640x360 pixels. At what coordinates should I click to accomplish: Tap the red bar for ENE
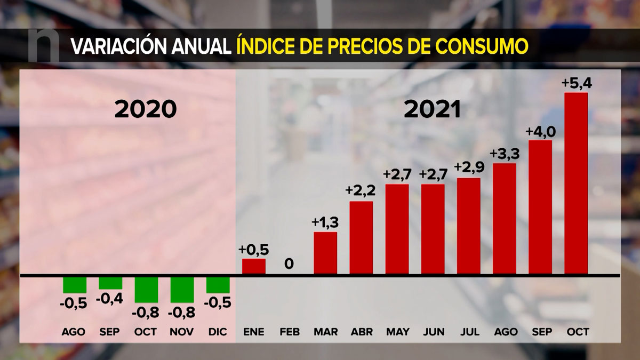254,267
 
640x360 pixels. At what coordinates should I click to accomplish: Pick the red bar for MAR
325,253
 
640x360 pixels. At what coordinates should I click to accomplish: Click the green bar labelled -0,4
110,283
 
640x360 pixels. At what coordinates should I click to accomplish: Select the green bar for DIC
218,284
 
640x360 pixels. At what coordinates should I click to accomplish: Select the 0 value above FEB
289,263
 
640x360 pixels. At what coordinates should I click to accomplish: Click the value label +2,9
469,168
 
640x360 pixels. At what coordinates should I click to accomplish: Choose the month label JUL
469,332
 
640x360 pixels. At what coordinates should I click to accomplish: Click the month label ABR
362,332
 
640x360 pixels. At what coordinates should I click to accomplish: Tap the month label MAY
397,332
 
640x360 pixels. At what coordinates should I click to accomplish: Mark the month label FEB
290,332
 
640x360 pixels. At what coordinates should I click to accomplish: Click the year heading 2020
146,109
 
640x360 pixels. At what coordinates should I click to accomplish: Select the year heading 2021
432,109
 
